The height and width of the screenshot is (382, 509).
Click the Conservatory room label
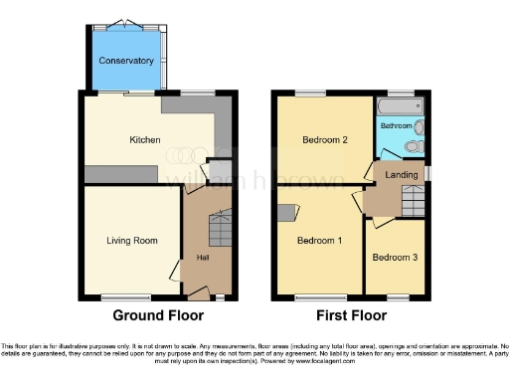(126, 61)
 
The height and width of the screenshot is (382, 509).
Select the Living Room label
(132, 240)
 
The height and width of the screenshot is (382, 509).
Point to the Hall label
(203, 259)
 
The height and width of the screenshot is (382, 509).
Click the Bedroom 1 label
(318, 240)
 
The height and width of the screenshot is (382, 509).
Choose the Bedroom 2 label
(325, 140)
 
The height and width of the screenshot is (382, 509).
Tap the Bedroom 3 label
(395, 257)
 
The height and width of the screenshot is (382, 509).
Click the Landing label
(403, 175)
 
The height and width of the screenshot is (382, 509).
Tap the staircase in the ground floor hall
(219, 231)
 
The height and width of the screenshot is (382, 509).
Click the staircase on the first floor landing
(410, 205)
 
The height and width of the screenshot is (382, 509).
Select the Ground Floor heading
(158, 315)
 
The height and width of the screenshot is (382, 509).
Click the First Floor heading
(352, 315)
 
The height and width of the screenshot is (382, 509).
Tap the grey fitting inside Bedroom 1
(289, 211)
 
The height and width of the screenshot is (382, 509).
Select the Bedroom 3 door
(369, 223)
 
